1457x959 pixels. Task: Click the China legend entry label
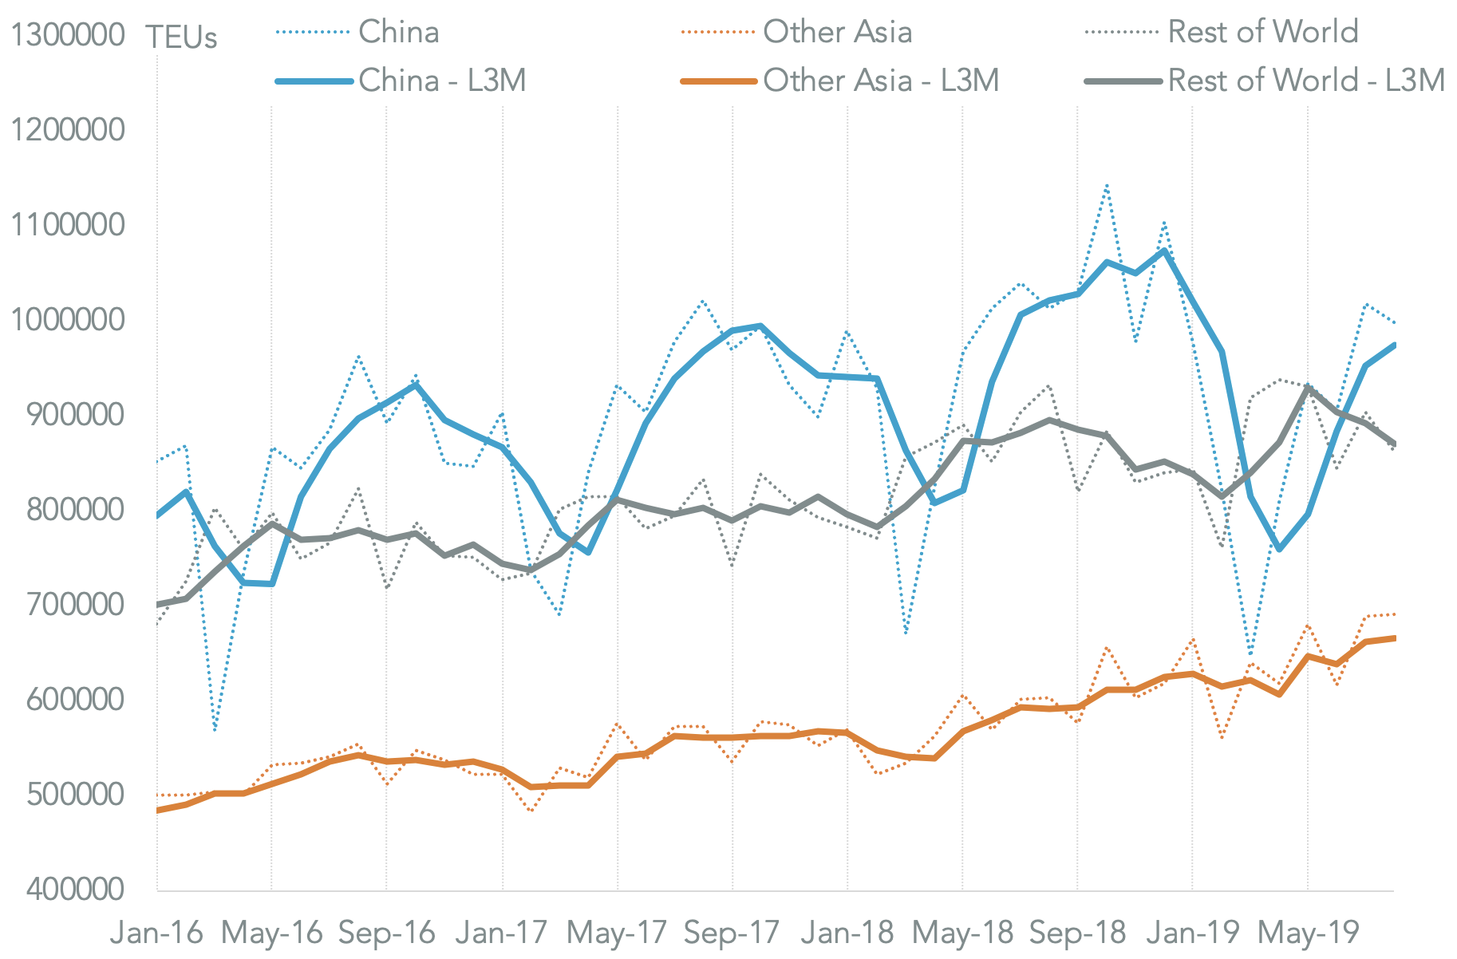tap(399, 33)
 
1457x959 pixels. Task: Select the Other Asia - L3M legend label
tap(881, 81)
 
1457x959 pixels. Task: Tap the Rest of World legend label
tap(1263, 33)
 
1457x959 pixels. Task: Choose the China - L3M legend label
tap(442, 81)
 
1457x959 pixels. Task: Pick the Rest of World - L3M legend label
tap(1306, 81)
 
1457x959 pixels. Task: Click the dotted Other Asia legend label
tap(837, 33)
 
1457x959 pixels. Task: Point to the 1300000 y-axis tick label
tap(68, 36)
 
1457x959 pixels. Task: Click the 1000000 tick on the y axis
tap(68, 319)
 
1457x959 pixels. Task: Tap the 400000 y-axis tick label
tap(76, 889)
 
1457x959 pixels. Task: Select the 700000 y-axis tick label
tap(76, 604)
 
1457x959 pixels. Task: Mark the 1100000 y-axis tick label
tap(68, 225)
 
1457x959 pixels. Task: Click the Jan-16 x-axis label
tap(157, 933)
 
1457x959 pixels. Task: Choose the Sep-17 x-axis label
tap(732, 933)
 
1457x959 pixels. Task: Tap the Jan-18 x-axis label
tap(847, 933)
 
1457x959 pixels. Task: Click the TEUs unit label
tap(181, 37)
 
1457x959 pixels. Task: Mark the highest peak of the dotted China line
tap(1107, 185)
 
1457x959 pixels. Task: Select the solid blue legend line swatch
tap(314, 81)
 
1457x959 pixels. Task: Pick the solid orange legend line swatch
tap(718, 81)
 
